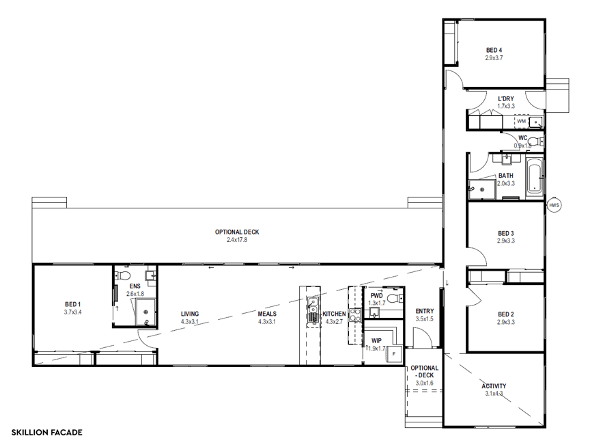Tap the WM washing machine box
[x=522, y=122]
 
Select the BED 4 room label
[x=494, y=50]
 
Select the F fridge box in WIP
[x=393, y=353]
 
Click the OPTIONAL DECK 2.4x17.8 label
[x=237, y=232]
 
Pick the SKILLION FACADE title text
[x=46, y=433]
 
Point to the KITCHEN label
[x=334, y=314]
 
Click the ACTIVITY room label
[x=493, y=385]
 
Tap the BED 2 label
[x=505, y=314]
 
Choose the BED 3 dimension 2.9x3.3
[x=505, y=241]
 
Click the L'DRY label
[x=505, y=99]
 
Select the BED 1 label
[x=73, y=304]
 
